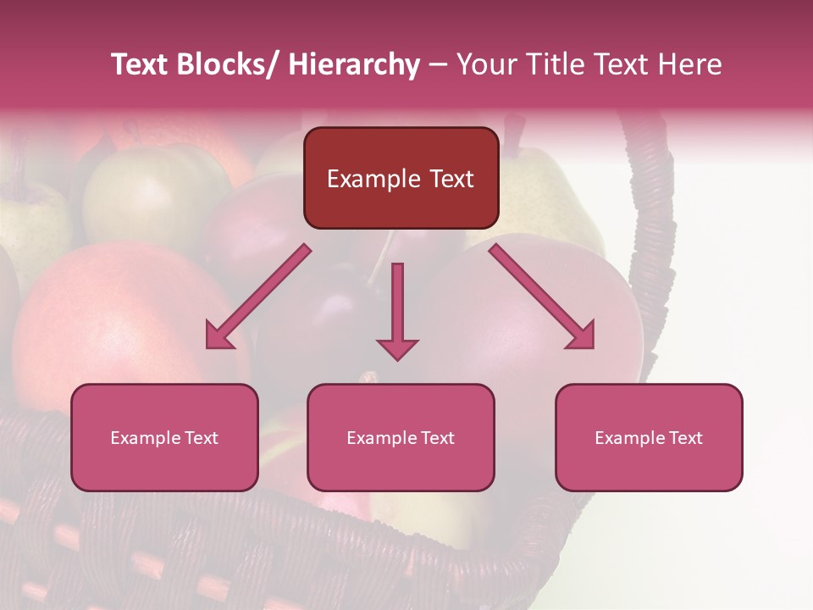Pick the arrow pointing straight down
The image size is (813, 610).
coord(397,309)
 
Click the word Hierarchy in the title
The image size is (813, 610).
coord(354,64)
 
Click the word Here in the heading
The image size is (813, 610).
coord(690,64)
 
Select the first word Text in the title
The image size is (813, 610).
coord(141,64)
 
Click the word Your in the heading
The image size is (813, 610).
coord(484,64)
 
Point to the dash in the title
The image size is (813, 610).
coord(438,65)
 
